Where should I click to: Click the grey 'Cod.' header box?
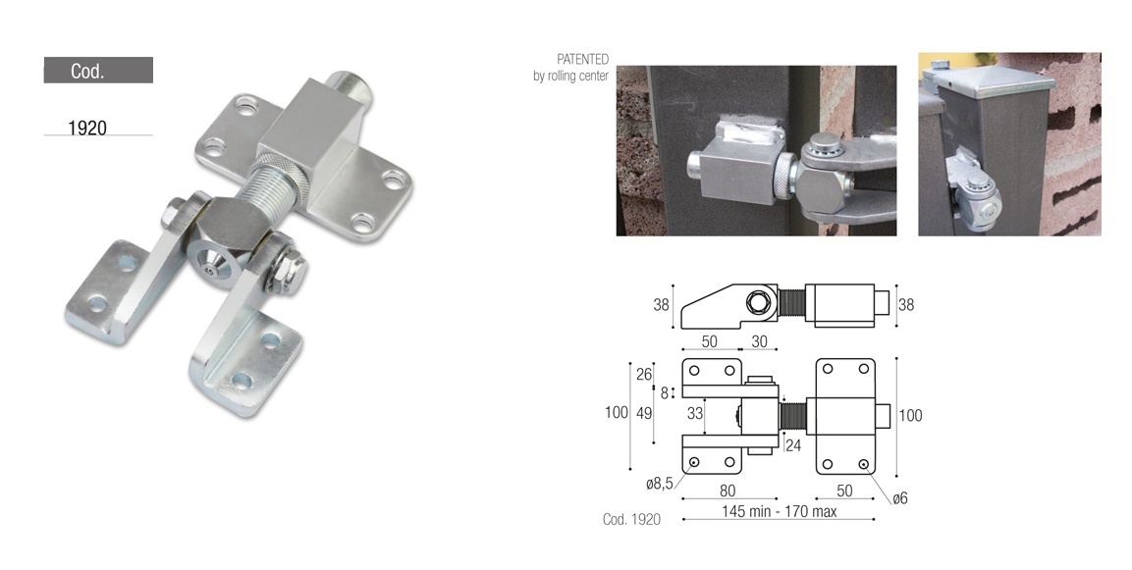click(98, 70)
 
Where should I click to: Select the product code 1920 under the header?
click(87, 128)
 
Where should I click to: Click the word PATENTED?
click(582, 59)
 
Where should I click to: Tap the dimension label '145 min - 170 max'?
click(779, 511)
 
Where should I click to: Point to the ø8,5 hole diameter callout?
click(659, 484)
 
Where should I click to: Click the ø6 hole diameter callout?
click(899, 497)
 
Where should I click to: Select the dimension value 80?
click(727, 491)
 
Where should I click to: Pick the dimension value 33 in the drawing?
click(694, 413)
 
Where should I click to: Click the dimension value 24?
click(792, 445)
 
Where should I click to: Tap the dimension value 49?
click(644, 413)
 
